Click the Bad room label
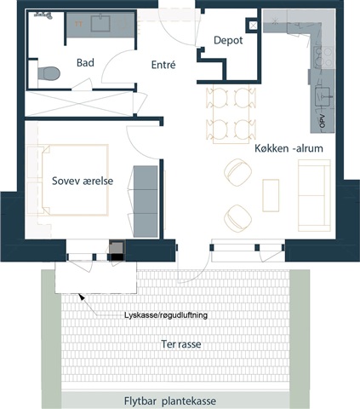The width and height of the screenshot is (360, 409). (x=85, y=62)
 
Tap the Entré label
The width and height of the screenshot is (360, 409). (x=163, y=65)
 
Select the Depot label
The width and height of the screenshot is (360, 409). (x=228, y=40)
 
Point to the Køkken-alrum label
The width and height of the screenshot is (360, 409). (x=289, y=148)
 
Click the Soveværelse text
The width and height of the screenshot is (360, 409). (x=83, y=181)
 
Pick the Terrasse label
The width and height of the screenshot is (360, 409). (x=181, y=344)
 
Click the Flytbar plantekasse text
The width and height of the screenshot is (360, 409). (x=170, y=401)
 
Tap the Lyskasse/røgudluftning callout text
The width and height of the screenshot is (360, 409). (x=166, y=315)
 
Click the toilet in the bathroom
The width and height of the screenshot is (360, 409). (x=49, y=73)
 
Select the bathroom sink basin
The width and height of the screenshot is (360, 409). (x=100, y=24)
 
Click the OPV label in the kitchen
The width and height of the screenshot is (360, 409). (x=322, y=121)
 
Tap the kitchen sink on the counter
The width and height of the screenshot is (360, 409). (x=323, y=96)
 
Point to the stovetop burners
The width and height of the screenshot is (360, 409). (x=323, y=57)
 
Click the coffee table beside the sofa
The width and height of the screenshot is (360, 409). (x=271, y=195)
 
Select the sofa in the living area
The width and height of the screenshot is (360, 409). (x=314, y=195)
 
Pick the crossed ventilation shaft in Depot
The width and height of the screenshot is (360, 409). (x=253, y=26)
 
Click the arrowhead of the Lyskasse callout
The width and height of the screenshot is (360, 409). (x=82, y=297)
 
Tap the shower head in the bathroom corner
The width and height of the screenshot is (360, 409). (x=43, y=15)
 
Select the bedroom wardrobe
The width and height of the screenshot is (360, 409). (x=146, y=202)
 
